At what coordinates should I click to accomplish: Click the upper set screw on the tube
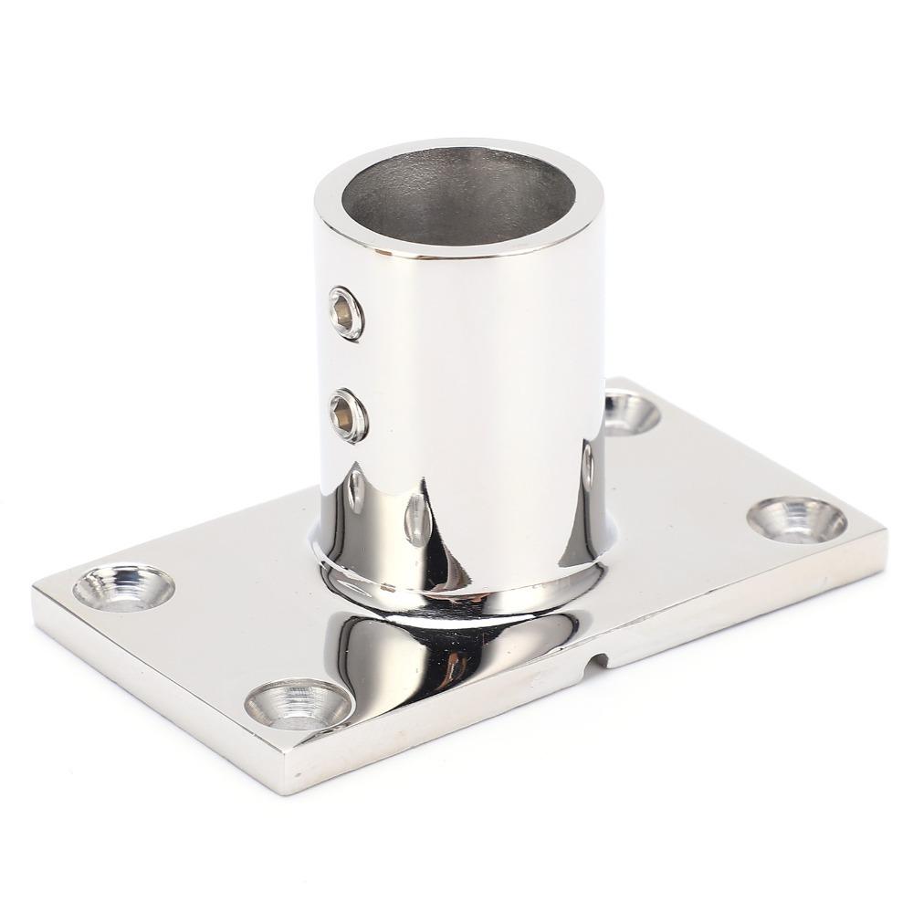click(345, 311)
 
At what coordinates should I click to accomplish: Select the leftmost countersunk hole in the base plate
click(122, 586)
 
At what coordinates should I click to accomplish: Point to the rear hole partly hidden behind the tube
click(630, 411)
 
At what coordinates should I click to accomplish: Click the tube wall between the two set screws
click(346, 363)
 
